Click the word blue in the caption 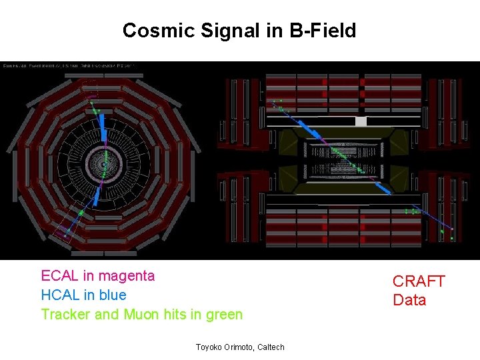(110, 295)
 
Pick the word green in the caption (221, 314)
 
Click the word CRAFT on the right (418, 281)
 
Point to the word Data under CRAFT (409, 300)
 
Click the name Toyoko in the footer (211, 347)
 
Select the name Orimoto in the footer (238, 347)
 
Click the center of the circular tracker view (103, 163)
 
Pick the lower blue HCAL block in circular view (97, 195)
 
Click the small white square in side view (361, 121)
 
